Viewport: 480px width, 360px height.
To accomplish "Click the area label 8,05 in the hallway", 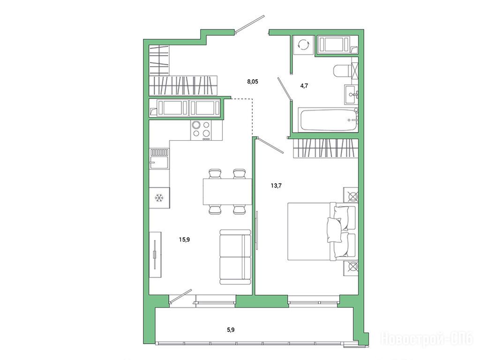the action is click(253, 82).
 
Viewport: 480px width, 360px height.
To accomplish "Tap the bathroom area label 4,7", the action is click(304, 86).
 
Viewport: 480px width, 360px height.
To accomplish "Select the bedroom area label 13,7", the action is click(276, 185).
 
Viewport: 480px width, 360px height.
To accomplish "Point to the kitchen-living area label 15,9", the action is click(184, 240).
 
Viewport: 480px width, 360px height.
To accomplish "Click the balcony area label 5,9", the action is click(231, 330).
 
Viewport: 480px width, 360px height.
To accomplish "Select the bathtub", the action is click(328, 120).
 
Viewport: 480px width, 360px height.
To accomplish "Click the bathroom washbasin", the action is click(351, 94).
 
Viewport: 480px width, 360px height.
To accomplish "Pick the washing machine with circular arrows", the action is click(304, 45).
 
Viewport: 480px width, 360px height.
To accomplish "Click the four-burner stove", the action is click(202, 130).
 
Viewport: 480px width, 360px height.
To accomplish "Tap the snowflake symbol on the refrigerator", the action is click(159, 198).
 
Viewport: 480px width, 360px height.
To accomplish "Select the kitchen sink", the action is click(159, 158).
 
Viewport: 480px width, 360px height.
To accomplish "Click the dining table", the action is click(227, 192).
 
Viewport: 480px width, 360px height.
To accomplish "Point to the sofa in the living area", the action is click(235, 257).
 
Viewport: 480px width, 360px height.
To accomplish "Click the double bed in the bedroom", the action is click(322, 231).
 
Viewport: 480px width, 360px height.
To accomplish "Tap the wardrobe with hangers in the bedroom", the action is click(326, 149).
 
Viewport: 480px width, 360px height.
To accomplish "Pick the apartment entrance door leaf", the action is click(249, 23).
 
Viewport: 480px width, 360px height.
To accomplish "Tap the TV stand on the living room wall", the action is click(155, 255).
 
